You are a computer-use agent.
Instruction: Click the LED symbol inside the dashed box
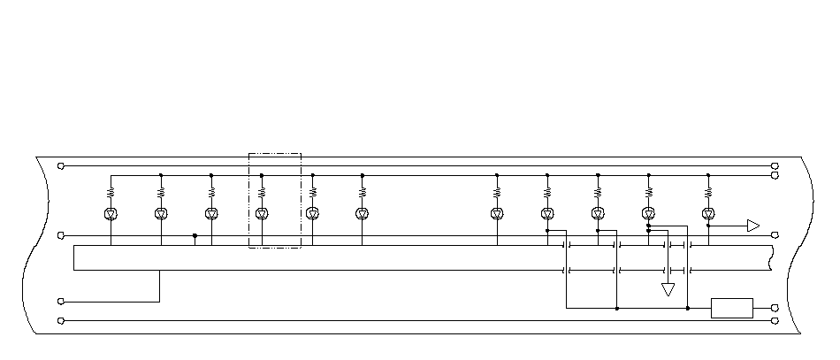pyautogui.click(x=262, y=213)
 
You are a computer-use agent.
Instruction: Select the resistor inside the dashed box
pyautogui.click(x=262, y=191)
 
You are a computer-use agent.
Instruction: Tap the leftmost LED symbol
pyautogui.click(x=111, y=213)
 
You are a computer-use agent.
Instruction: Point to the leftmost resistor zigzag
pyautogui.click(x=111, y=191)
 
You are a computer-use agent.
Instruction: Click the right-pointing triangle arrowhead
pyautogui.click(x=753, y=226)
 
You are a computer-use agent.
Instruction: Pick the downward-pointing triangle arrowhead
pyautogui.click(x=668, y=289)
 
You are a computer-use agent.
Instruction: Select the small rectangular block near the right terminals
pyautogui.click(x=732, y=308)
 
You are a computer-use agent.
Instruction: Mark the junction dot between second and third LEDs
pyautogui.click(x=195, y=235)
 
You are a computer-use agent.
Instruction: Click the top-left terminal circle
pyautogui.click(x=60, y=165)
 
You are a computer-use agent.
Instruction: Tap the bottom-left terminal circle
pyautogui.click(x=60, y=320)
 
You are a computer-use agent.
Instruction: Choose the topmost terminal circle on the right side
pyautogui.click(x=775, y=165)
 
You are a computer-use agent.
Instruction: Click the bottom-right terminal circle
pyautogui.click(x=775, y=320)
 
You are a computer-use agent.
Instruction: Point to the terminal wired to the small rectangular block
pyautogui.click(x=775, y=308)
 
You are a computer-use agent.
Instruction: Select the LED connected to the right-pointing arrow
pyautogui.click(x=708, y=213)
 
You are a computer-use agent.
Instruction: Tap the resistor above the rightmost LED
pyautogui.click(x=708, y=191)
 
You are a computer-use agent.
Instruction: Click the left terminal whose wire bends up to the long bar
pyautogui.click(x=60, y=301)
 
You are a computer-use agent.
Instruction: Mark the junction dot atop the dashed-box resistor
pyautogui.click(x=262, y=175)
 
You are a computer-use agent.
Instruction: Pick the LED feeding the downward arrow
pyautogui.click(x=648, y=213)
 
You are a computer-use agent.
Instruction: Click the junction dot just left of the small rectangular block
pyautogui.click(x=688, y=308)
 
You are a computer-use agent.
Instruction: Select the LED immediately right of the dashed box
pyautogui.click(x=312, y=213)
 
